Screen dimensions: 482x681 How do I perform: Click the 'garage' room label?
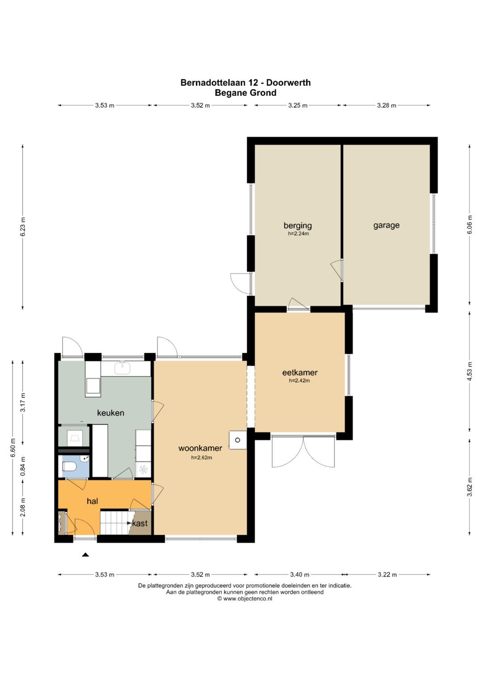coord(386,225)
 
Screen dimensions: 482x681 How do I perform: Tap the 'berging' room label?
coord(298,225)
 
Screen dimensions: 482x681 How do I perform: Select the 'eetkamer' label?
coord(300,372)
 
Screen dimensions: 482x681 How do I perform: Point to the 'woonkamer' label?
coord(200,448)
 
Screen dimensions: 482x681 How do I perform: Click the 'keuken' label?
coord(111,413)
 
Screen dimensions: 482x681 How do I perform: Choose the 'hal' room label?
coord(92,501)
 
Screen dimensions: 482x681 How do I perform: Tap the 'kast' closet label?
coord(140,523)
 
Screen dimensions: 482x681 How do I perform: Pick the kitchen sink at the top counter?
coord(123,367)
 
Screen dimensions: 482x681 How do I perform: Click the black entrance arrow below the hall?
coord(86,555)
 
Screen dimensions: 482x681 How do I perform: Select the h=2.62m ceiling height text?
coord(201,457)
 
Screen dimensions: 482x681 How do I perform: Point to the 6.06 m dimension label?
coord(470,225)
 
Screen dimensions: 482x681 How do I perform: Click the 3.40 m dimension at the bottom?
coord(300,574)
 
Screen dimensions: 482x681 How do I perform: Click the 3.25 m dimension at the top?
coord(298,106)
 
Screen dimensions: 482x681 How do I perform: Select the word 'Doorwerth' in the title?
coord(288,83)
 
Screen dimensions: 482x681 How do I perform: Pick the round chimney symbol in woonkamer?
coord(237,440)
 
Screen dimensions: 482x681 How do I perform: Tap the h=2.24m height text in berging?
coord(298,234)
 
